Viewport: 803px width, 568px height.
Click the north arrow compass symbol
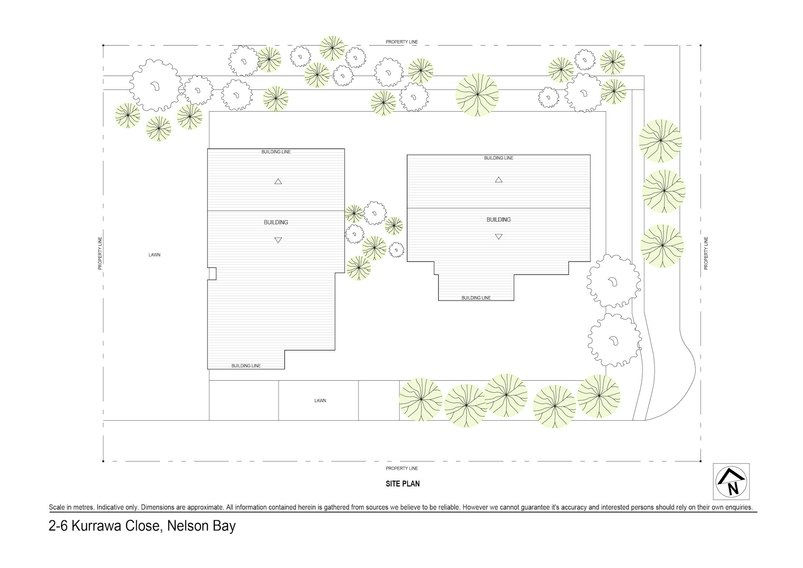(x=731, y=481)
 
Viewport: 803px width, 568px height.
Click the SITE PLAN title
(x=402, y=484)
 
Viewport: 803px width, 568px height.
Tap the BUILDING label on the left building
(x=276, y=223)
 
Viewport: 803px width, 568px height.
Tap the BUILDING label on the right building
(x=499, y=220)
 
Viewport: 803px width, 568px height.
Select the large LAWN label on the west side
(x=154, y=255)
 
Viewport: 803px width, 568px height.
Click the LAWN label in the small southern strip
(x=320, y=401)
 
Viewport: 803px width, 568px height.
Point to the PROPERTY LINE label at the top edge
(x=401, y=42)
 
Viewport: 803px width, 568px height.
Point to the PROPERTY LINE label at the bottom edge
(x=401, y=468)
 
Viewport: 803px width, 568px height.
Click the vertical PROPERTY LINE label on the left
(x=100, y=253)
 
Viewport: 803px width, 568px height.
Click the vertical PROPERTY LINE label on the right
(x=706, y=253)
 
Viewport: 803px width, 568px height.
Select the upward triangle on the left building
(x=278, y=182)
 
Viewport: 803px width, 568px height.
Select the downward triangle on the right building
(x=499, y=237)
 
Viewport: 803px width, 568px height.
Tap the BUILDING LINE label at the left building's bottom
(x=246, y=366)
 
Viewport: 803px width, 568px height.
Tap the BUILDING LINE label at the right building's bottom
(x=476, y=298)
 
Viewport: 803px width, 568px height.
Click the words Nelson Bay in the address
(x=201, y=526)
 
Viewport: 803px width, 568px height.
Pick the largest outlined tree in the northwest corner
(x=154, y=85)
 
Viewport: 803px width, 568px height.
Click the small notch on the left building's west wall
(x=212, y=274)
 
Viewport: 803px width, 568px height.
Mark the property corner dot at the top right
(x=701, y=45)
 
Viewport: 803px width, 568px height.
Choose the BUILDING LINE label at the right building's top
(x=499, y=158)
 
